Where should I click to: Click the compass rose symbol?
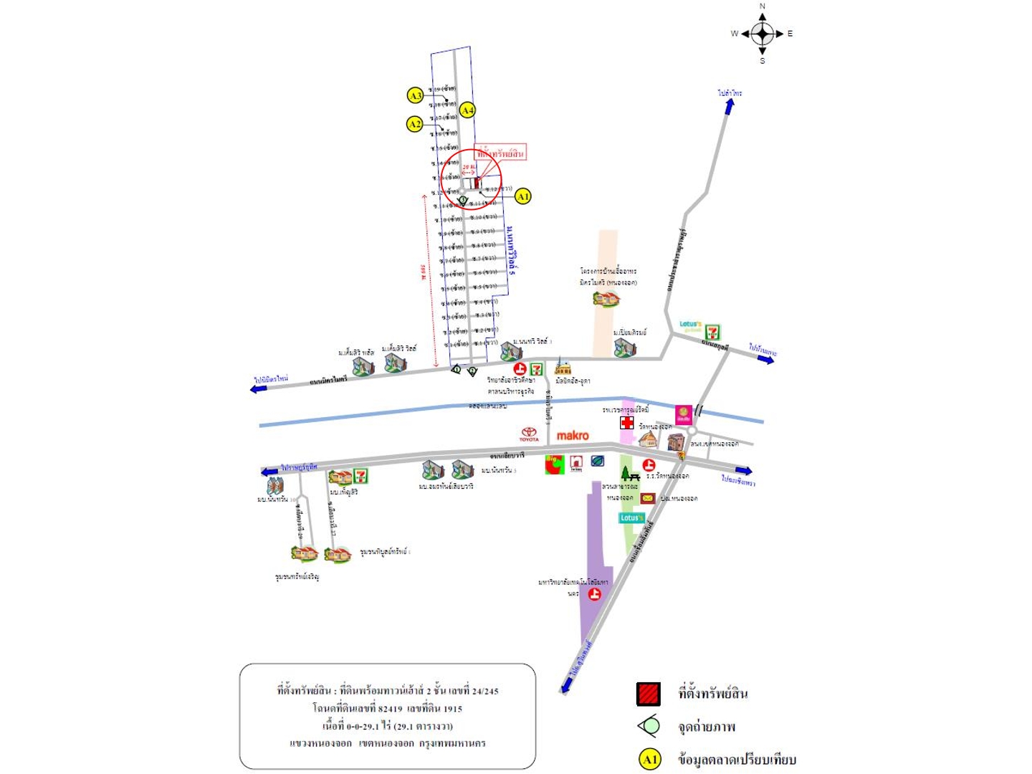[762, 34]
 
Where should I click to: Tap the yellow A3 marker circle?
[415, 95]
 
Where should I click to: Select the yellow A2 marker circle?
[415, 124]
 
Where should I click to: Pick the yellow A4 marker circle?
[467, 110]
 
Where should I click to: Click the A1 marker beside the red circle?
[523, 196]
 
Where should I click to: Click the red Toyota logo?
[529, 433]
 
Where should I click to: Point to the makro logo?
[573, 436]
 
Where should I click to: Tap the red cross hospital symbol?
[627, 423]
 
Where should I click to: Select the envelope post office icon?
[647, 498]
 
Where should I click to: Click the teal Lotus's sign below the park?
[631, 517]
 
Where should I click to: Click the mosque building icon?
[563, 367]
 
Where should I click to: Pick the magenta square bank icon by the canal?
[684, 414]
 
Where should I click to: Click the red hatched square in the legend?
[648, 694]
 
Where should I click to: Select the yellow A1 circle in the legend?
[649, 760]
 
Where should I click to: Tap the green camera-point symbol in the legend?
[649, 727]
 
